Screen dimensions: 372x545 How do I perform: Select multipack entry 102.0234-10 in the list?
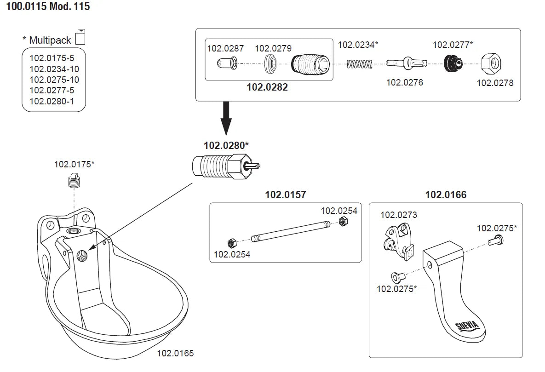pyautogui.click(x=54, y=69)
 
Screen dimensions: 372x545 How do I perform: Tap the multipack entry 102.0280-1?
pyautogui.click(x=52, y=101)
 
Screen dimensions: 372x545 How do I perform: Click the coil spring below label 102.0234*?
pyautogui.click(x=358, y=64)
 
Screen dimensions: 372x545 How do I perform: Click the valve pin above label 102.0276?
pyautogui.click(x=405, y=63)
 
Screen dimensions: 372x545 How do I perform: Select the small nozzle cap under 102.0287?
pyautogui.click(x=227, y=63)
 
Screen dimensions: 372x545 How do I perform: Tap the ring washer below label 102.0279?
pyautogui.click(x=271, y=64)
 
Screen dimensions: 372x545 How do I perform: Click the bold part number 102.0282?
pyautogui.click(x=267, y=87)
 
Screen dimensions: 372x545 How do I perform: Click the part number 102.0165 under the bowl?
pyautogui.click(x=175, y=354)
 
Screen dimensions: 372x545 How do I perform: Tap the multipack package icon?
pyautogui.click(x=80, y=37)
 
